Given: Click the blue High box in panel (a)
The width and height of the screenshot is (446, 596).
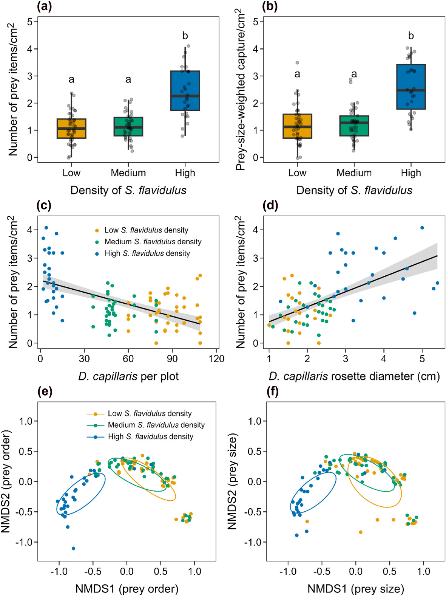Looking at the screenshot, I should [x=185, y=90].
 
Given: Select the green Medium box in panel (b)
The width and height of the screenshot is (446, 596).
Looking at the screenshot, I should [x=354, y=126].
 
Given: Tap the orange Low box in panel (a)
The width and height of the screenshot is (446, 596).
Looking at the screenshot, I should [x=71, y=129].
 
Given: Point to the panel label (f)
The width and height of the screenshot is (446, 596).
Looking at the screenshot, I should [x=272, y=391].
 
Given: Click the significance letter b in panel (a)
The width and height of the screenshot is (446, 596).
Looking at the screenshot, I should [x=185, y=36].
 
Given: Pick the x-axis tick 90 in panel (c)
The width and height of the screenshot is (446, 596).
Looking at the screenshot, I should [x=173, y=358].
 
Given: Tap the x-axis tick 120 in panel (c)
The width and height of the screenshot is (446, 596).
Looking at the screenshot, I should [x=216, y=358].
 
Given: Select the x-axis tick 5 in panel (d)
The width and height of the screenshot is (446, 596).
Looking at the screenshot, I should [x=422, y=358].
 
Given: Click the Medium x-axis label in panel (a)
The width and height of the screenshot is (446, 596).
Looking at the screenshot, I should [x=128, y=173].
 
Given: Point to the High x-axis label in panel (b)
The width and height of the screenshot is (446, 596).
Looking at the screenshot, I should [x=411, y=173].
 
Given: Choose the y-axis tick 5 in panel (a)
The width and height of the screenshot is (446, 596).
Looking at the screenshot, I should [x=30, y=22].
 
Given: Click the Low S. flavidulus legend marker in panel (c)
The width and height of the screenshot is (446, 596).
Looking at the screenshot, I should [x=97, y=230].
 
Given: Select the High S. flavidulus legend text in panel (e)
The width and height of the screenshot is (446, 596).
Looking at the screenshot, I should [x=150, y=436].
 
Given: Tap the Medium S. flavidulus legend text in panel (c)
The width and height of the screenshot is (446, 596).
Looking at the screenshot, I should [x=153, y=242].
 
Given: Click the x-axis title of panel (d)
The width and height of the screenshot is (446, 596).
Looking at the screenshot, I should [x=354, y=377].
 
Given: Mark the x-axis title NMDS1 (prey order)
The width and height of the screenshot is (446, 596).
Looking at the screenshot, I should [x=127, y=589].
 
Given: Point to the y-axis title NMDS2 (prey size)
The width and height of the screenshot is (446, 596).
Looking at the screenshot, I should [x=232, y=481].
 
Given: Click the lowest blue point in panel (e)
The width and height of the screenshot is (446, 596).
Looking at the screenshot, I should [x=73, y=548].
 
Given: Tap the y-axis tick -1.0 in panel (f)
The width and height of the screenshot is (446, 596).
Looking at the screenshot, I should [x=253, y=542].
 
